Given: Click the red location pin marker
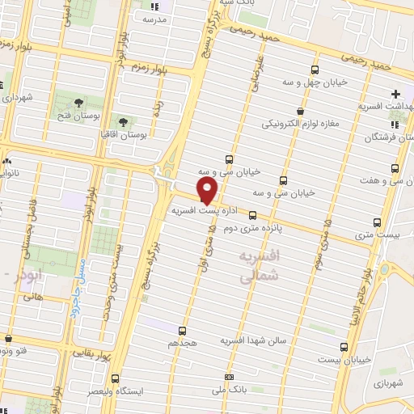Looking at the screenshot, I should [x=208, y=191].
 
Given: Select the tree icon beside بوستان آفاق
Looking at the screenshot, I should [x=124, y=122].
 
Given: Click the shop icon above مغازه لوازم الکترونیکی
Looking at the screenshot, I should [x=301, y=112].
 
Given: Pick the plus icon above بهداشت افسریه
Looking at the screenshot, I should [x=395, y=94].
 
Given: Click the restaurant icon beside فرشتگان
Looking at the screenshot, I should [x=395, y=124].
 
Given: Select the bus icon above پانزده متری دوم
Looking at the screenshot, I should [x=253, y=215].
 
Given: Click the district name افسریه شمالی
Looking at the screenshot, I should [x=260, y=265].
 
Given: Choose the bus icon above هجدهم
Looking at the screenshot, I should [x=181, y=330].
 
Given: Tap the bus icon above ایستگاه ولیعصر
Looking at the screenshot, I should [x=115, y=378].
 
